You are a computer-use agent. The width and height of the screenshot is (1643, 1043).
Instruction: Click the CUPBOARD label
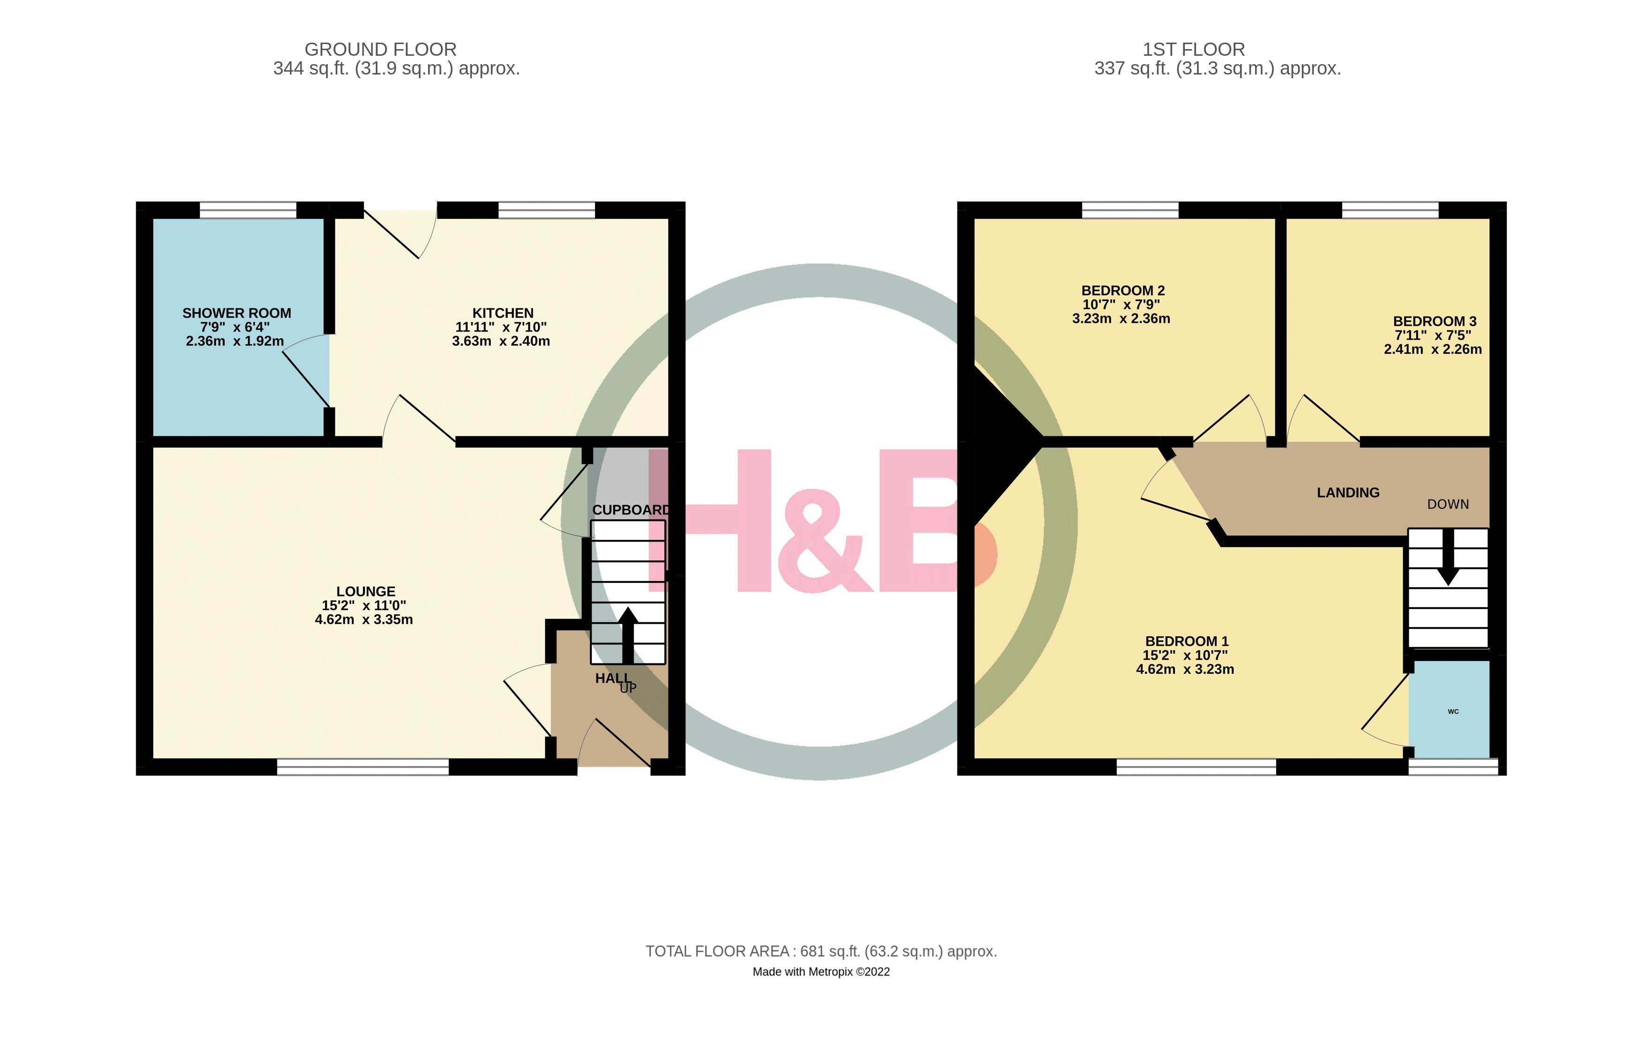631,510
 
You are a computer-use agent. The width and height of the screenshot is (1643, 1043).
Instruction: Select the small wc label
1453,711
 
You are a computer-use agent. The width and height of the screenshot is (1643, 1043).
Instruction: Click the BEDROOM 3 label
1434,321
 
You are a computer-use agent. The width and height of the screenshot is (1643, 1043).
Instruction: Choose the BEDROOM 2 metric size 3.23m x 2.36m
1121,319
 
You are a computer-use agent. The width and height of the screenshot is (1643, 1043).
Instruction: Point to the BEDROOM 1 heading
1187,641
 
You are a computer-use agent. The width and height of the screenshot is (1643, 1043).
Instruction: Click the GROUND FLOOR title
380,50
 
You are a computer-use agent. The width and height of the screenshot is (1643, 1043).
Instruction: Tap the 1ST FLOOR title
1193,50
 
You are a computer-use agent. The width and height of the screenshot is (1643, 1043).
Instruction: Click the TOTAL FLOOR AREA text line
821,951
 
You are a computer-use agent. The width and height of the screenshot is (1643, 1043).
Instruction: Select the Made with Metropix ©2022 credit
821,972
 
